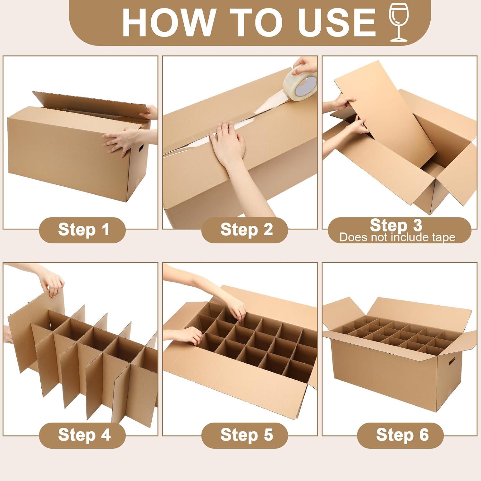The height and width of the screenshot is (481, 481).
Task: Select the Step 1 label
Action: (84, 230)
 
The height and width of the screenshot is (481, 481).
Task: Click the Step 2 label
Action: (246, 230)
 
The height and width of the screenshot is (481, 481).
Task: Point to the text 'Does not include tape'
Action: (397, 237)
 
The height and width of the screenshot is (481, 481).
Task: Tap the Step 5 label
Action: (247, 435)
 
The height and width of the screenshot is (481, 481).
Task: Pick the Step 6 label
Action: (402, 435)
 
